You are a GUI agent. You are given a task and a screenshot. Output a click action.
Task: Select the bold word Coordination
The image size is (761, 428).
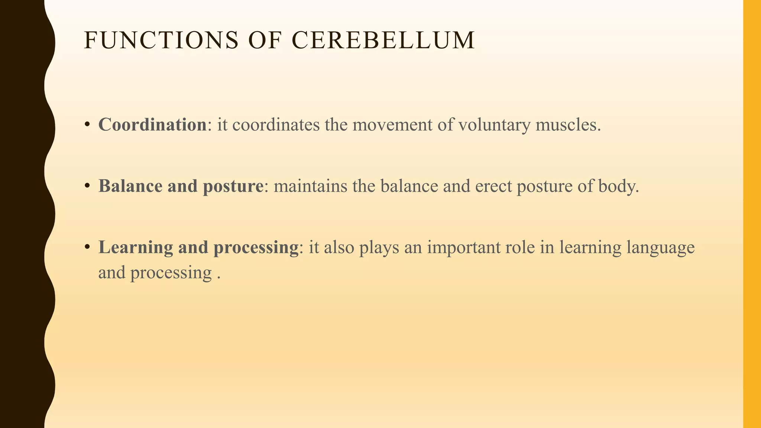tap(152, 124)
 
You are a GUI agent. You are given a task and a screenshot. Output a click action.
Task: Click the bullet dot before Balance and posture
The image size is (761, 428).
tap(87, 186)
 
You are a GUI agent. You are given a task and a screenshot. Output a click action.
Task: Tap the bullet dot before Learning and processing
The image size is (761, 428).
tap(87, 247)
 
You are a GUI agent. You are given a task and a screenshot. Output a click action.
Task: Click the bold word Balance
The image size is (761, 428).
tap(130, 186)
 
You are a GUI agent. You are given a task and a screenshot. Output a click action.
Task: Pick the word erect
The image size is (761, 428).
tap(493, 186)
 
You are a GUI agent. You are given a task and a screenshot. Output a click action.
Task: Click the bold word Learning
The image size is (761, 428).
tap(136, 247)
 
